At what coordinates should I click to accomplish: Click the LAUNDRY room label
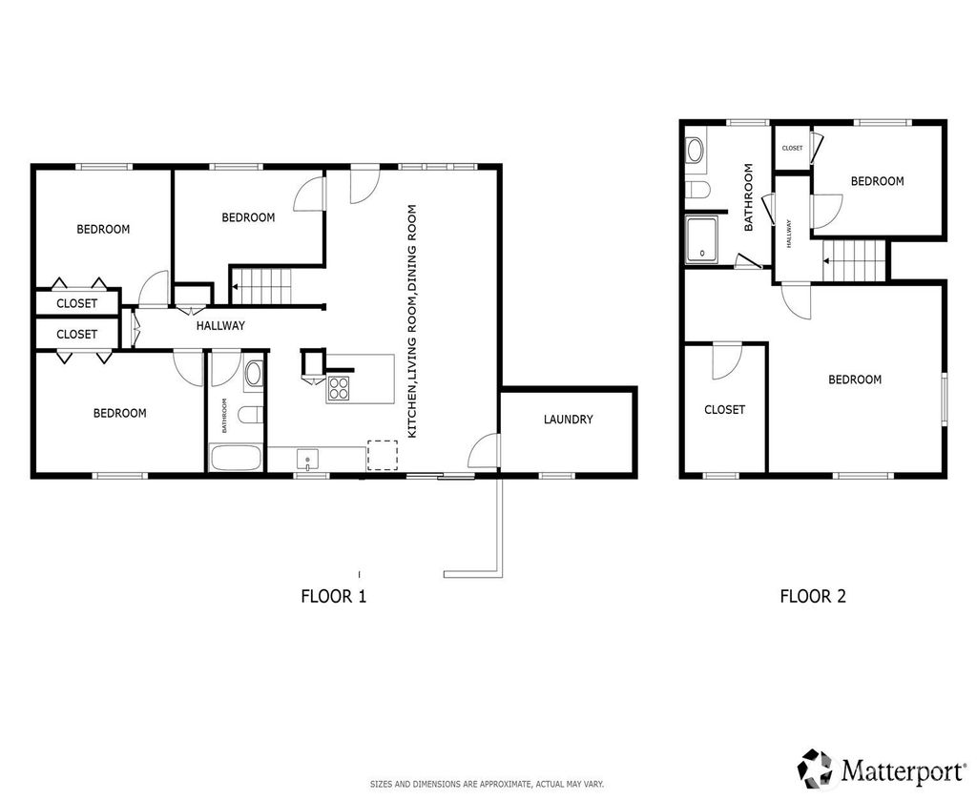tap(568, 420)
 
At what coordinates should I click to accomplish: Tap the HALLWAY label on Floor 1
tap(220, 325)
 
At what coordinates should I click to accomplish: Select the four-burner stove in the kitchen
tap(339, 389)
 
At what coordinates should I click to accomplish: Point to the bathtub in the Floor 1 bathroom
tap(236, 459)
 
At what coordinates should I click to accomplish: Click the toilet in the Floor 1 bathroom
tap(251, 414)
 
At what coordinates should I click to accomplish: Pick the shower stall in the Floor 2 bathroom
tap(701, 239)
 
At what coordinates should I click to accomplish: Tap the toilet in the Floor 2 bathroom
tap(697, 189)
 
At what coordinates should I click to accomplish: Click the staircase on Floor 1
tap(261, 286)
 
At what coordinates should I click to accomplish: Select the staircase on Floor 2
tap(854, 261)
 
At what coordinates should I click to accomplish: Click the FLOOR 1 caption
tap(334, 596)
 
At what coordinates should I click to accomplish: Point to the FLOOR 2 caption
tap(813, 596)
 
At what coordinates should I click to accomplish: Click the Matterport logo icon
tap(816, 769)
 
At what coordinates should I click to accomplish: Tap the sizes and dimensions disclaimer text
tap(488, 785)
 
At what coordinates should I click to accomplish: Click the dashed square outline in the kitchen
tap(382, 455)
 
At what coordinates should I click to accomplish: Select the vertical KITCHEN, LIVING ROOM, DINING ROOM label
tap(412, 321)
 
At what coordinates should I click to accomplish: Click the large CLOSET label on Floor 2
tap(725, 410)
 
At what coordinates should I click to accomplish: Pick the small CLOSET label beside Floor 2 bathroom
tap(793, 148)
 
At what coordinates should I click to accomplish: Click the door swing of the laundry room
tap(484, 448)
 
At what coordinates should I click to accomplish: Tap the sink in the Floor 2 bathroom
tap(695, 150)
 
